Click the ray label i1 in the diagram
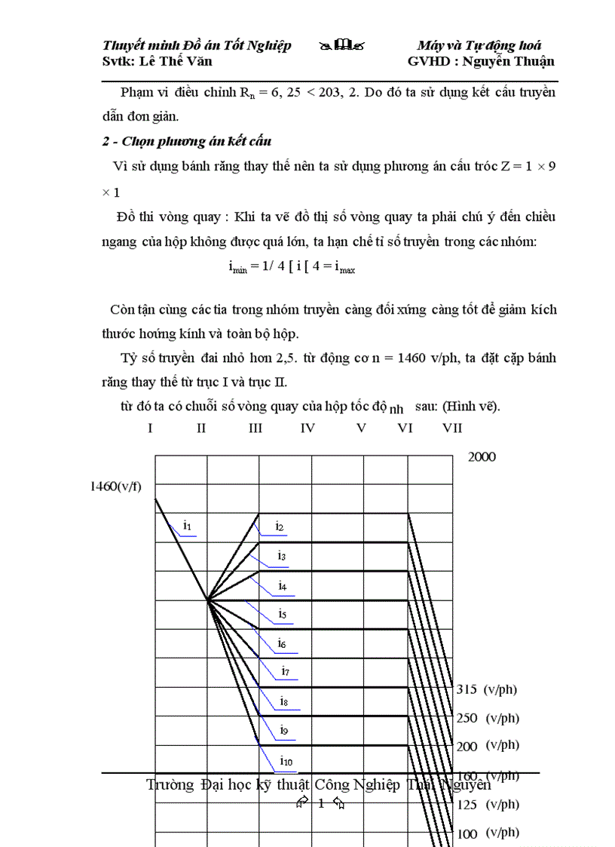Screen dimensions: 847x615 click(x=188, y=525)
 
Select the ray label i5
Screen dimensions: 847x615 click(x=282, y=615)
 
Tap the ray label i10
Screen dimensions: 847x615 click(x=286, y=760)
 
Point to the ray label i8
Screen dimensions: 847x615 click(x=283, y=701)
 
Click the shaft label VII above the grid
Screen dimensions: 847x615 click(x=452, y=428)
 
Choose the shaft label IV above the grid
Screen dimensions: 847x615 click(x=307, y=428)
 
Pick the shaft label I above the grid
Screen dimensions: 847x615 click(x=151, y=428)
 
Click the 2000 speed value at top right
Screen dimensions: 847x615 click(x=482, y=457)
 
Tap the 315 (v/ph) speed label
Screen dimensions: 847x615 click(x=487, y=689)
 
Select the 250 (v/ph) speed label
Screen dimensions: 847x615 click(x=488, y=719)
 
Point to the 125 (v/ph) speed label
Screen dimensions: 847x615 click(x=488, y=806)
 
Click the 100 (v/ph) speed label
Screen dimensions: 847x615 click(x=488, y=834)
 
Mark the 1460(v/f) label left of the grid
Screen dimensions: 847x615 click(x=115, y=486)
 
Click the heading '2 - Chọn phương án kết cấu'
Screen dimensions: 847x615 click(x=186, y=141)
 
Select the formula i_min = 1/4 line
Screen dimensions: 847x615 click(x=291, y=267)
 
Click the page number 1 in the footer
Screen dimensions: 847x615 click(x=320, y=804)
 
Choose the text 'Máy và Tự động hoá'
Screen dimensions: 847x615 click(x=479, y=45)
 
